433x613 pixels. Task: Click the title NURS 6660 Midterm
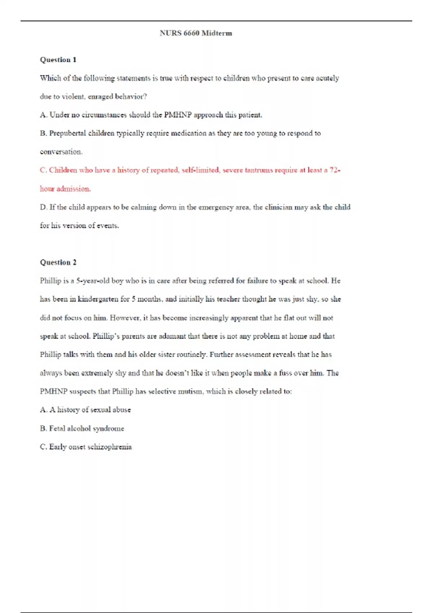coord(196,33)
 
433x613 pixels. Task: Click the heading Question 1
coord(58,60)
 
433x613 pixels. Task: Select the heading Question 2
coord(58,263)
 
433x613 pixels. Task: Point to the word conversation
coord(61,152)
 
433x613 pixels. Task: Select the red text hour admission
coord(65,189)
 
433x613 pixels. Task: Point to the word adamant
coord(172,336)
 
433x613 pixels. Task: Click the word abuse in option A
coord(122,410)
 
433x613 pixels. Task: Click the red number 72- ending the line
coord(335,170)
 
